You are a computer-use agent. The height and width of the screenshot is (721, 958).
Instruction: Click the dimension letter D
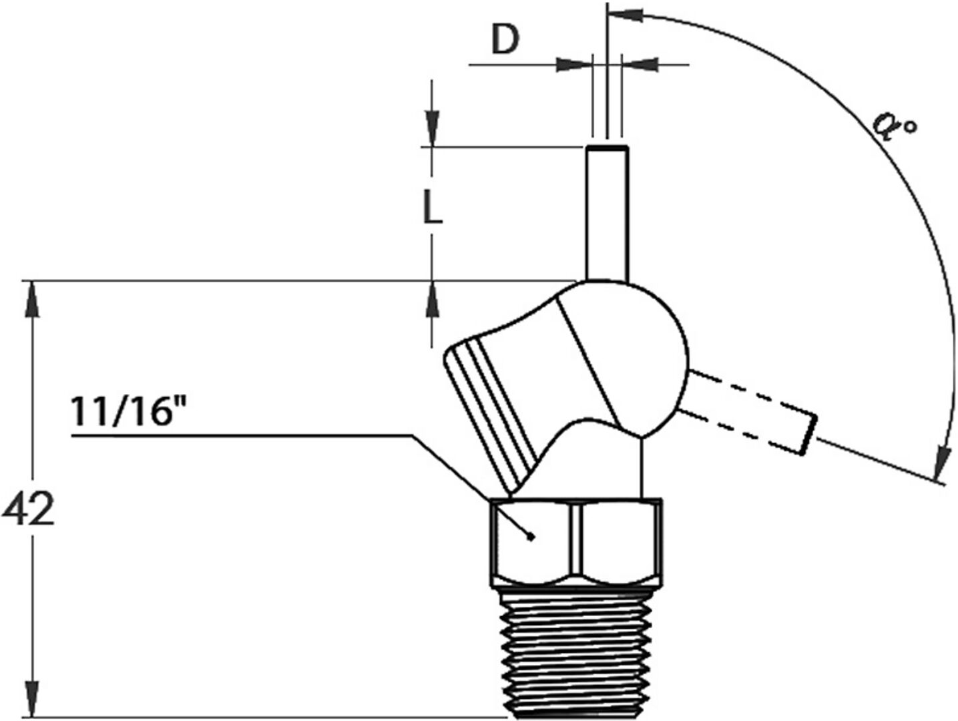pyautogui.click(x=505, y=41)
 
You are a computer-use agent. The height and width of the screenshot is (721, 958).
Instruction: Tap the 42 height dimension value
pyautogui.click(x=28, y=511)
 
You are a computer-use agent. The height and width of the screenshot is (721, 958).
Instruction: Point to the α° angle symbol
pyautogui.click(x=895, y=126)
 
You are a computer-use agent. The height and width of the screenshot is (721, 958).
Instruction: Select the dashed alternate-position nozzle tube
pyautogui.click(x=748, y=411)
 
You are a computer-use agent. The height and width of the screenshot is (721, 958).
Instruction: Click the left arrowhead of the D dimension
pyautogui.click(x=574, y=65)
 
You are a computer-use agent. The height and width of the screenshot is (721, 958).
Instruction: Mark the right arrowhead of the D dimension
pyautogui.click(x=640, y=65)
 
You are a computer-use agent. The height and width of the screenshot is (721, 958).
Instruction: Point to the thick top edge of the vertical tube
pyautogui.click(x=607, y=146)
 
